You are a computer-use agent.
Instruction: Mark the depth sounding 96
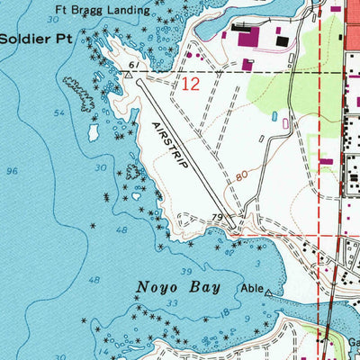tap(13, 171)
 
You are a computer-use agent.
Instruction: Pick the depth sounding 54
tap(60, 112)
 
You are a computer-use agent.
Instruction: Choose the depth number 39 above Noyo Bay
tap(185, 271)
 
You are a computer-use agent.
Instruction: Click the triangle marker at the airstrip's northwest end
tap(129, 77)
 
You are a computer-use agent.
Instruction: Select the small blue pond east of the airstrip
tap(274, 115)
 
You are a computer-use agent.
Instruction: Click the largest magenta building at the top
tap(247, 38)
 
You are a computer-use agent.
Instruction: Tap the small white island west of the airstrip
tap(93, 132)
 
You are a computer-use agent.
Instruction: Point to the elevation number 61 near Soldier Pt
tap(132, 66)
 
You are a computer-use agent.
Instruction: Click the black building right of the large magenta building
tap(283, 40)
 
